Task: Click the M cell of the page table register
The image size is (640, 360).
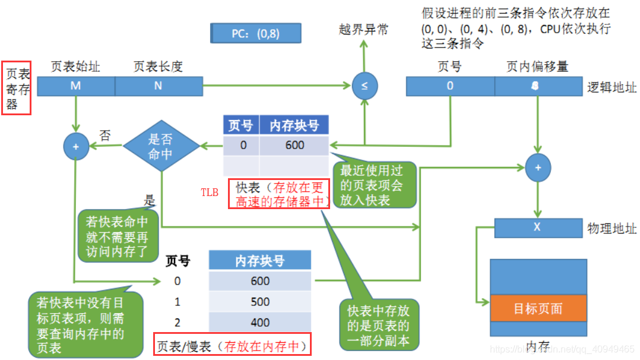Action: click(75, 86)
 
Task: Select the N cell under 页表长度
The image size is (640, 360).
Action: click(159, 86)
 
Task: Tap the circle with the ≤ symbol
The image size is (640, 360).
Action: click(364, 87)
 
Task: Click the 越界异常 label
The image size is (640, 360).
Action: click(363, 29)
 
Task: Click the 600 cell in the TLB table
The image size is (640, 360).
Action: click(294, 146)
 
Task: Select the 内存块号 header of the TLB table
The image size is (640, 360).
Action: click(294, 125)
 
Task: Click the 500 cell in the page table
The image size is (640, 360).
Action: click(260, 302)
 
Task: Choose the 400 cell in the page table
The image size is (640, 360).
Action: click(260, 323)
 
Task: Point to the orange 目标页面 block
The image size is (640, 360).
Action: click(538, 309)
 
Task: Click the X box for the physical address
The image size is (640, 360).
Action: click(537, 228)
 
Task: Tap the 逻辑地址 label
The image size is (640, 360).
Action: click(612, 88)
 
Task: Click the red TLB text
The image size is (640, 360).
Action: click(210, 192)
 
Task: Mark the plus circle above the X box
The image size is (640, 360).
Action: click(538, 168)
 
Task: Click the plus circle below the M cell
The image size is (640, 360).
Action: click(76, 146)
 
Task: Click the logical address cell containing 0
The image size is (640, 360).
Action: click(450, 86)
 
